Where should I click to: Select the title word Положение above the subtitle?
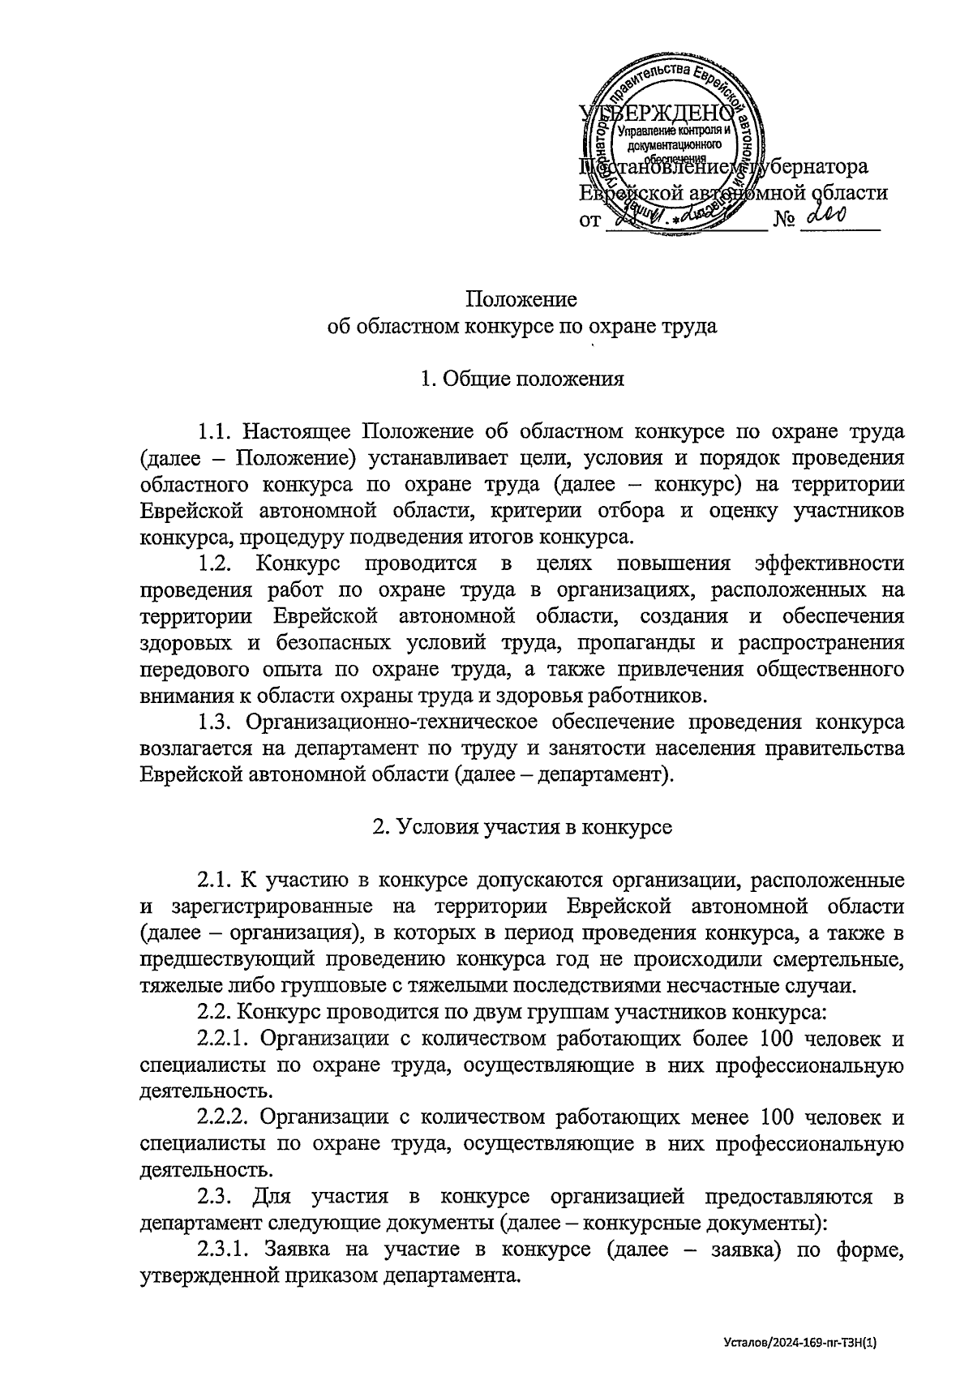coord(521,299)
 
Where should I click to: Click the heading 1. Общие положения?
coord(521,379)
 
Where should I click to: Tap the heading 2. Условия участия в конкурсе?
coord(521,827)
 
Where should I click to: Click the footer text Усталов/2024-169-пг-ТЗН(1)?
coord(799,1342)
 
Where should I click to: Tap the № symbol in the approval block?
coord(783,219)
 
